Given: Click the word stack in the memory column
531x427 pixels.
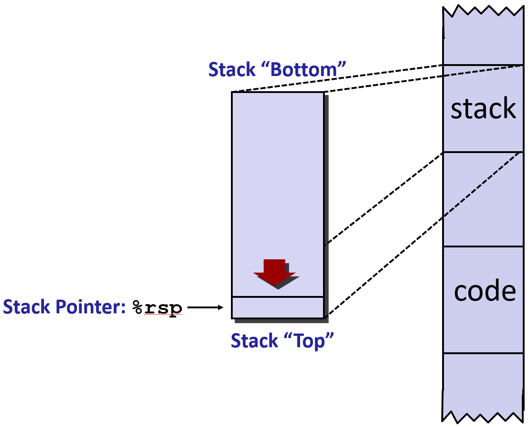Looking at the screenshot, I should pos(483,109).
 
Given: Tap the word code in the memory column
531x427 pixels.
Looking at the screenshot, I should pos(485,291).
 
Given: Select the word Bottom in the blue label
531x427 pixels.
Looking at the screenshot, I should pos(307,70).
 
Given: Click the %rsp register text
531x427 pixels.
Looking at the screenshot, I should pos(157,307).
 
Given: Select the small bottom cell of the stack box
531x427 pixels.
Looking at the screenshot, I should pos(278,307).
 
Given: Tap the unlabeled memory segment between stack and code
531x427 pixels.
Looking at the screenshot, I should pos(483,199).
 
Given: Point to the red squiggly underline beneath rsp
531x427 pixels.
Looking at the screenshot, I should pos(163,315).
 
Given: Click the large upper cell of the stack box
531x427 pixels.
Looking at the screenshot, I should pos(278,183).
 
